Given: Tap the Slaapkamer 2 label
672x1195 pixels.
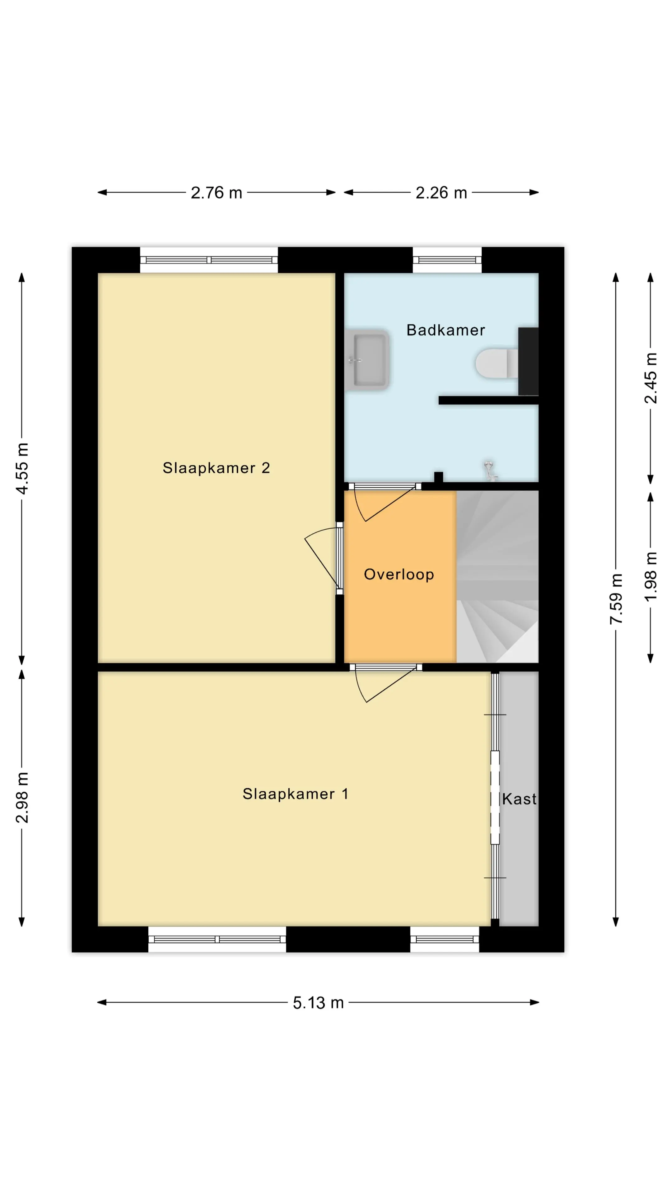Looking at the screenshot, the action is point(216,468).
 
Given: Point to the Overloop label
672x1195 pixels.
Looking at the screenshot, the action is point(399,574).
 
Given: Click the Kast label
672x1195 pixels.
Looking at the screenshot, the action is point(519,799).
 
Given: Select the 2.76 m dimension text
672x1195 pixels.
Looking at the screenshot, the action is point(217,193).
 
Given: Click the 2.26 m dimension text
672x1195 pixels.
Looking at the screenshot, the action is point(441,193).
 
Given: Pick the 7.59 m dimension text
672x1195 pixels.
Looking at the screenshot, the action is point(616,598).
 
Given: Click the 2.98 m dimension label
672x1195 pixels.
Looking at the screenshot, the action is point(22,797).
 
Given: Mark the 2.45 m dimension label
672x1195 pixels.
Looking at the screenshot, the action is point(651,378).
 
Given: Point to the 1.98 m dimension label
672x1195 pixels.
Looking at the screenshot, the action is point(651,577).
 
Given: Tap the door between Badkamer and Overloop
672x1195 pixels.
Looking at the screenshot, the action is point(385,503).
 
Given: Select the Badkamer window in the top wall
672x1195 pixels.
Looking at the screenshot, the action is point(447,260).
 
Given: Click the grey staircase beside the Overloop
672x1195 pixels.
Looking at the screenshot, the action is point(497,577).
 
